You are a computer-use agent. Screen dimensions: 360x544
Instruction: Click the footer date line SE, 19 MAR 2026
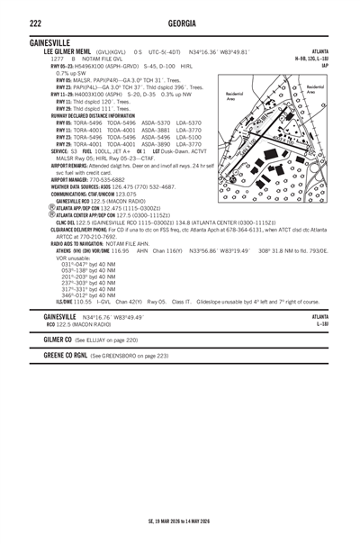(x=180, y=521)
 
